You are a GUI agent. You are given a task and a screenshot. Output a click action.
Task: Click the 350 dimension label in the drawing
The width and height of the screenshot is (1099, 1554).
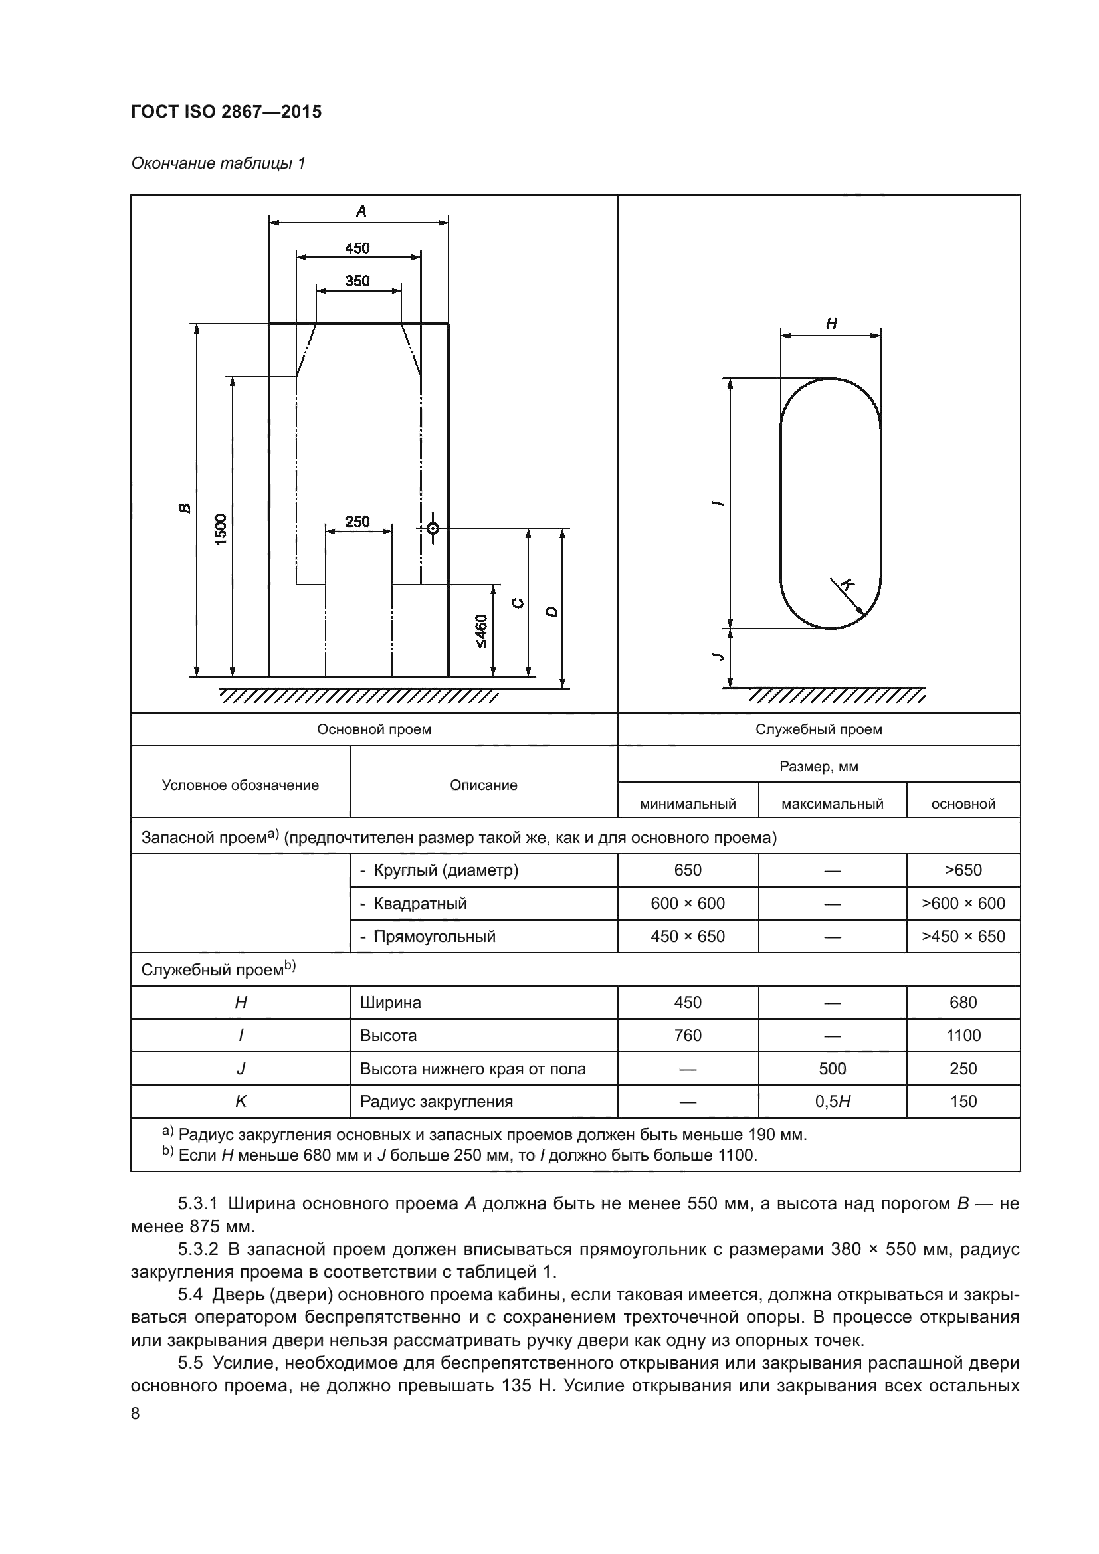[x=357, y=281]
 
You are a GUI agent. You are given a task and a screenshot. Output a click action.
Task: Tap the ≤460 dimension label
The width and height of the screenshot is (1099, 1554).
[x=481, y=631]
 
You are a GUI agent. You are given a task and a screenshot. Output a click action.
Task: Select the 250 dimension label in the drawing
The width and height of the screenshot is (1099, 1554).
[x=357, y=521]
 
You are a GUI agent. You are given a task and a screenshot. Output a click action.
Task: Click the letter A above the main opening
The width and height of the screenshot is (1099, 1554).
[x=361, y=211]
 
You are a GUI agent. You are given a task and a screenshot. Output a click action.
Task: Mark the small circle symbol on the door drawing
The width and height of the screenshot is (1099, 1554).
[x=433, y=528]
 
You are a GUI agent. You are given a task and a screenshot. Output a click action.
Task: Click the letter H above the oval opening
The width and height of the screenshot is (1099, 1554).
[x=832, y=324]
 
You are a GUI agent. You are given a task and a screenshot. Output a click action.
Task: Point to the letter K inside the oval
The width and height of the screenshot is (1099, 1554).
[x=846, y=585]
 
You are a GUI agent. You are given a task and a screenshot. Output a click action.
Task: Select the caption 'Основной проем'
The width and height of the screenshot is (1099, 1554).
[x=374, y=729]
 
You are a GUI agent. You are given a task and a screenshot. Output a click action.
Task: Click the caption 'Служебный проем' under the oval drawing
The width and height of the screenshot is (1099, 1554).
[x=819, y=729]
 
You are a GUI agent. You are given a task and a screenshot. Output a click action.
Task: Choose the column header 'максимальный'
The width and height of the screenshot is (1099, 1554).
[x=833, y=804]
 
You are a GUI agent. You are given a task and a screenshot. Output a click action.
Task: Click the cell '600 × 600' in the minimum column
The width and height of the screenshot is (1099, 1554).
[x=688, y=904]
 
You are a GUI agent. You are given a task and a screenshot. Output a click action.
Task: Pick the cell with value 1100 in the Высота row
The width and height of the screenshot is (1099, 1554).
[x=963, y=1036]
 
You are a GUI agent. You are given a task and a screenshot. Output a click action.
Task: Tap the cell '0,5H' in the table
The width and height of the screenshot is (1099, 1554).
[x=833, y=1101]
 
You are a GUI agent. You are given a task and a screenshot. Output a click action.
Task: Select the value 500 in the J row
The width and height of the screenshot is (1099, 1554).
[x=833, y=1069]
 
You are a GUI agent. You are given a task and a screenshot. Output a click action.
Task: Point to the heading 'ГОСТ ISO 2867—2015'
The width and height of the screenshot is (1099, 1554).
[x=227, y=112]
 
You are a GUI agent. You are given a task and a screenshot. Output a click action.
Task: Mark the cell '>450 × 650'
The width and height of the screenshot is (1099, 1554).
[x=963, y=937]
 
